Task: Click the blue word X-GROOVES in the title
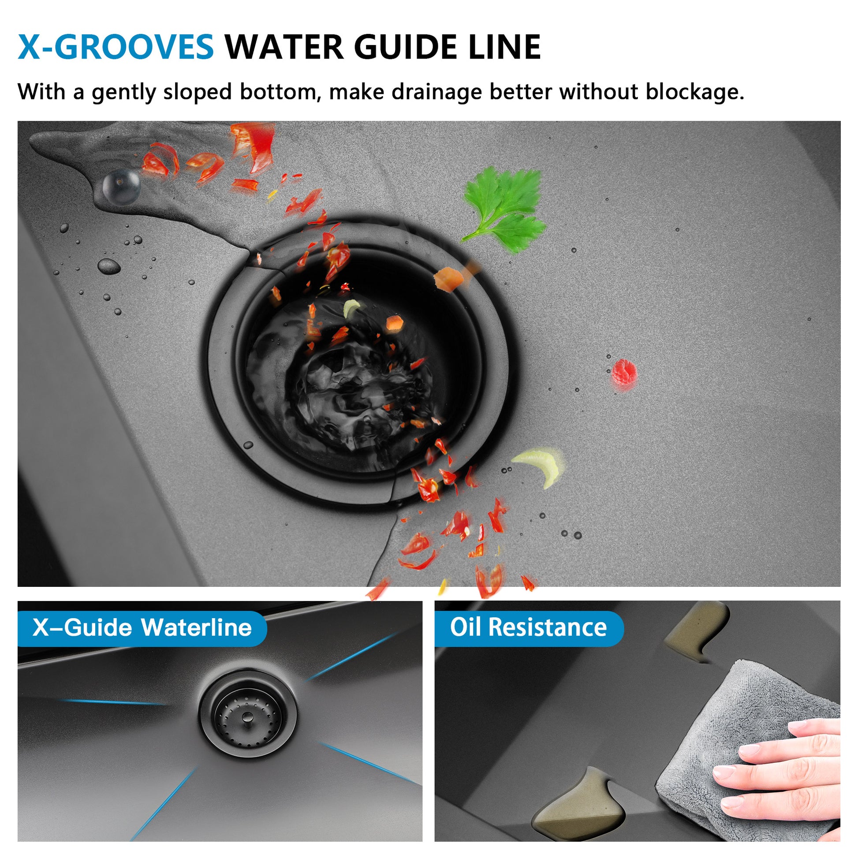pyautogui.click(x=116, y=47)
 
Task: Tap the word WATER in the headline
pyautogui.click(x=284, y=47)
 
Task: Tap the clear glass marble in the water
pyautogui.click(x=121, y=186)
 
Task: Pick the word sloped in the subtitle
pyautogui.click(x=198, y=93)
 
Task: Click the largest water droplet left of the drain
pyautogui.click(x=109, y=266)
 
